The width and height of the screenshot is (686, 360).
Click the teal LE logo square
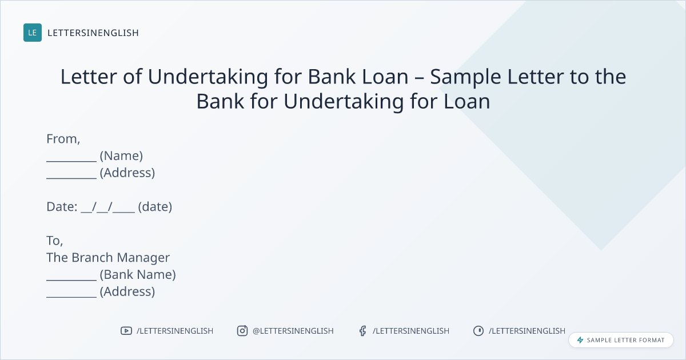coord(33,33)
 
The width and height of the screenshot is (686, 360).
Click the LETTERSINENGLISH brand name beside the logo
coord(93,33)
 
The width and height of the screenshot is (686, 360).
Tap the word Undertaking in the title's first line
coord(208,77)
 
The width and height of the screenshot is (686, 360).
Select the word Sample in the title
coord(465,77)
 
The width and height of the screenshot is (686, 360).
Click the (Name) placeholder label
coord(121,156)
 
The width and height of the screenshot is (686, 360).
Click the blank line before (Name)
coord(71,161)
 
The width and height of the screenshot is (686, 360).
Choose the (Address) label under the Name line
coord(127,173)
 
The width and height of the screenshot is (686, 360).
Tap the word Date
coord(62,207)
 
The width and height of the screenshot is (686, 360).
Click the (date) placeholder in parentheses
coord(155,207)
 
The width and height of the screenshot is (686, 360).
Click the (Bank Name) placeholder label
coord(138,275)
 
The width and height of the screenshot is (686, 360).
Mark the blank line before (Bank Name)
coord(71,280)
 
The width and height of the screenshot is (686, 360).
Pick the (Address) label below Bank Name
coord(127,291)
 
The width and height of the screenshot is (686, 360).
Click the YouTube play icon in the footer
coord(126,331)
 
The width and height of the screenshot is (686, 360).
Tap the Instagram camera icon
coord(242,331)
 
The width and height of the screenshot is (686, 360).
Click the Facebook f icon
coord(363,331)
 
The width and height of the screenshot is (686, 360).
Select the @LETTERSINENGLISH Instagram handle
coord(293,331)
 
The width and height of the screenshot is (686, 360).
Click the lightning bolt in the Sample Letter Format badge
coord(580,340)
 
